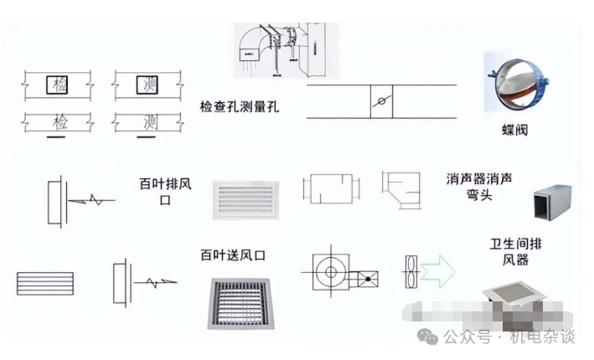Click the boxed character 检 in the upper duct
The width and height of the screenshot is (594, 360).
pyautogui.click(x=60, y=85)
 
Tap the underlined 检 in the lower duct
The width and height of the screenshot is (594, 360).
pyautogui.click(x=60, y=122)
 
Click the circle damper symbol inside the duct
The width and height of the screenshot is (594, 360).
pyautogui.click(x=381, y=102)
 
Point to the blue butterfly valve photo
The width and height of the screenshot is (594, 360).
pyautogui.click(x=510, y=84)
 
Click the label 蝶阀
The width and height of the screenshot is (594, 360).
pyautogui.click(x=515, y=131)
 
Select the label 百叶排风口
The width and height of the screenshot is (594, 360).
pyautogui.click(x=165, y=191)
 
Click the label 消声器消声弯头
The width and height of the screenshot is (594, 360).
pyautogui.click(x=479, y=187)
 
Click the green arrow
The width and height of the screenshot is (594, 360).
pyautogui.click(x=437, y=269)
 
